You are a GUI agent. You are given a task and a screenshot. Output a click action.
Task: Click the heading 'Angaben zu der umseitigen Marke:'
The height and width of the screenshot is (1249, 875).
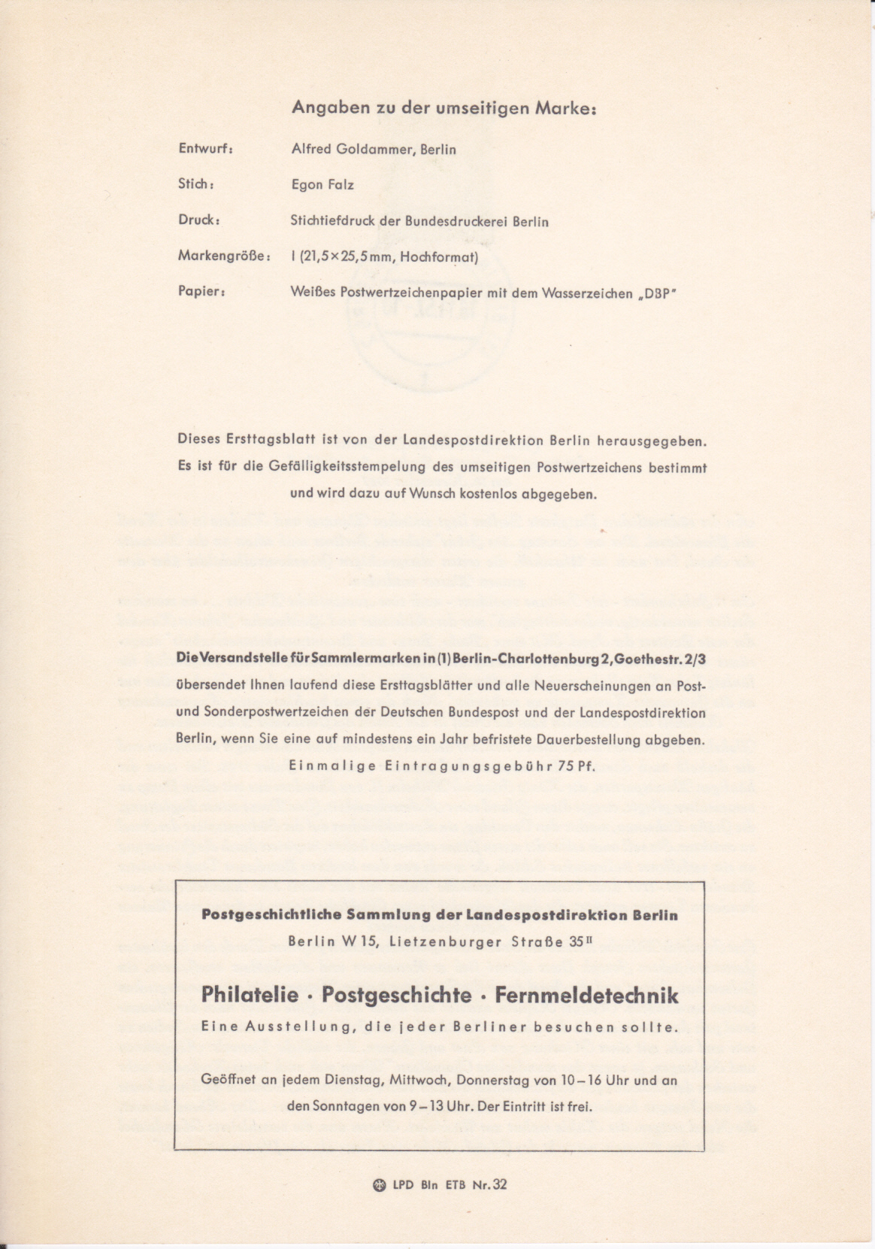coord(444,108)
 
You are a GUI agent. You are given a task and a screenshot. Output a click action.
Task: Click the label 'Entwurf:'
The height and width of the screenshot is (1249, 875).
coord(205,149)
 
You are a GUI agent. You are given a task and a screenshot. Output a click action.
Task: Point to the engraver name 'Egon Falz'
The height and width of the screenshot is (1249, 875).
coord(322,185)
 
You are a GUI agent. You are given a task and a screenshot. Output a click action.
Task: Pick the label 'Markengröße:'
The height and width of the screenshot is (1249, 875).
coord(224,256)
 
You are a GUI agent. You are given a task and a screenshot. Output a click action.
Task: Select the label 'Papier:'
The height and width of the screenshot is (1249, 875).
coord(201,292)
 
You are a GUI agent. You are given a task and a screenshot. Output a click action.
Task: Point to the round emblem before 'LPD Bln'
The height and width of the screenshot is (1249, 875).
coord(380,1186)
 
